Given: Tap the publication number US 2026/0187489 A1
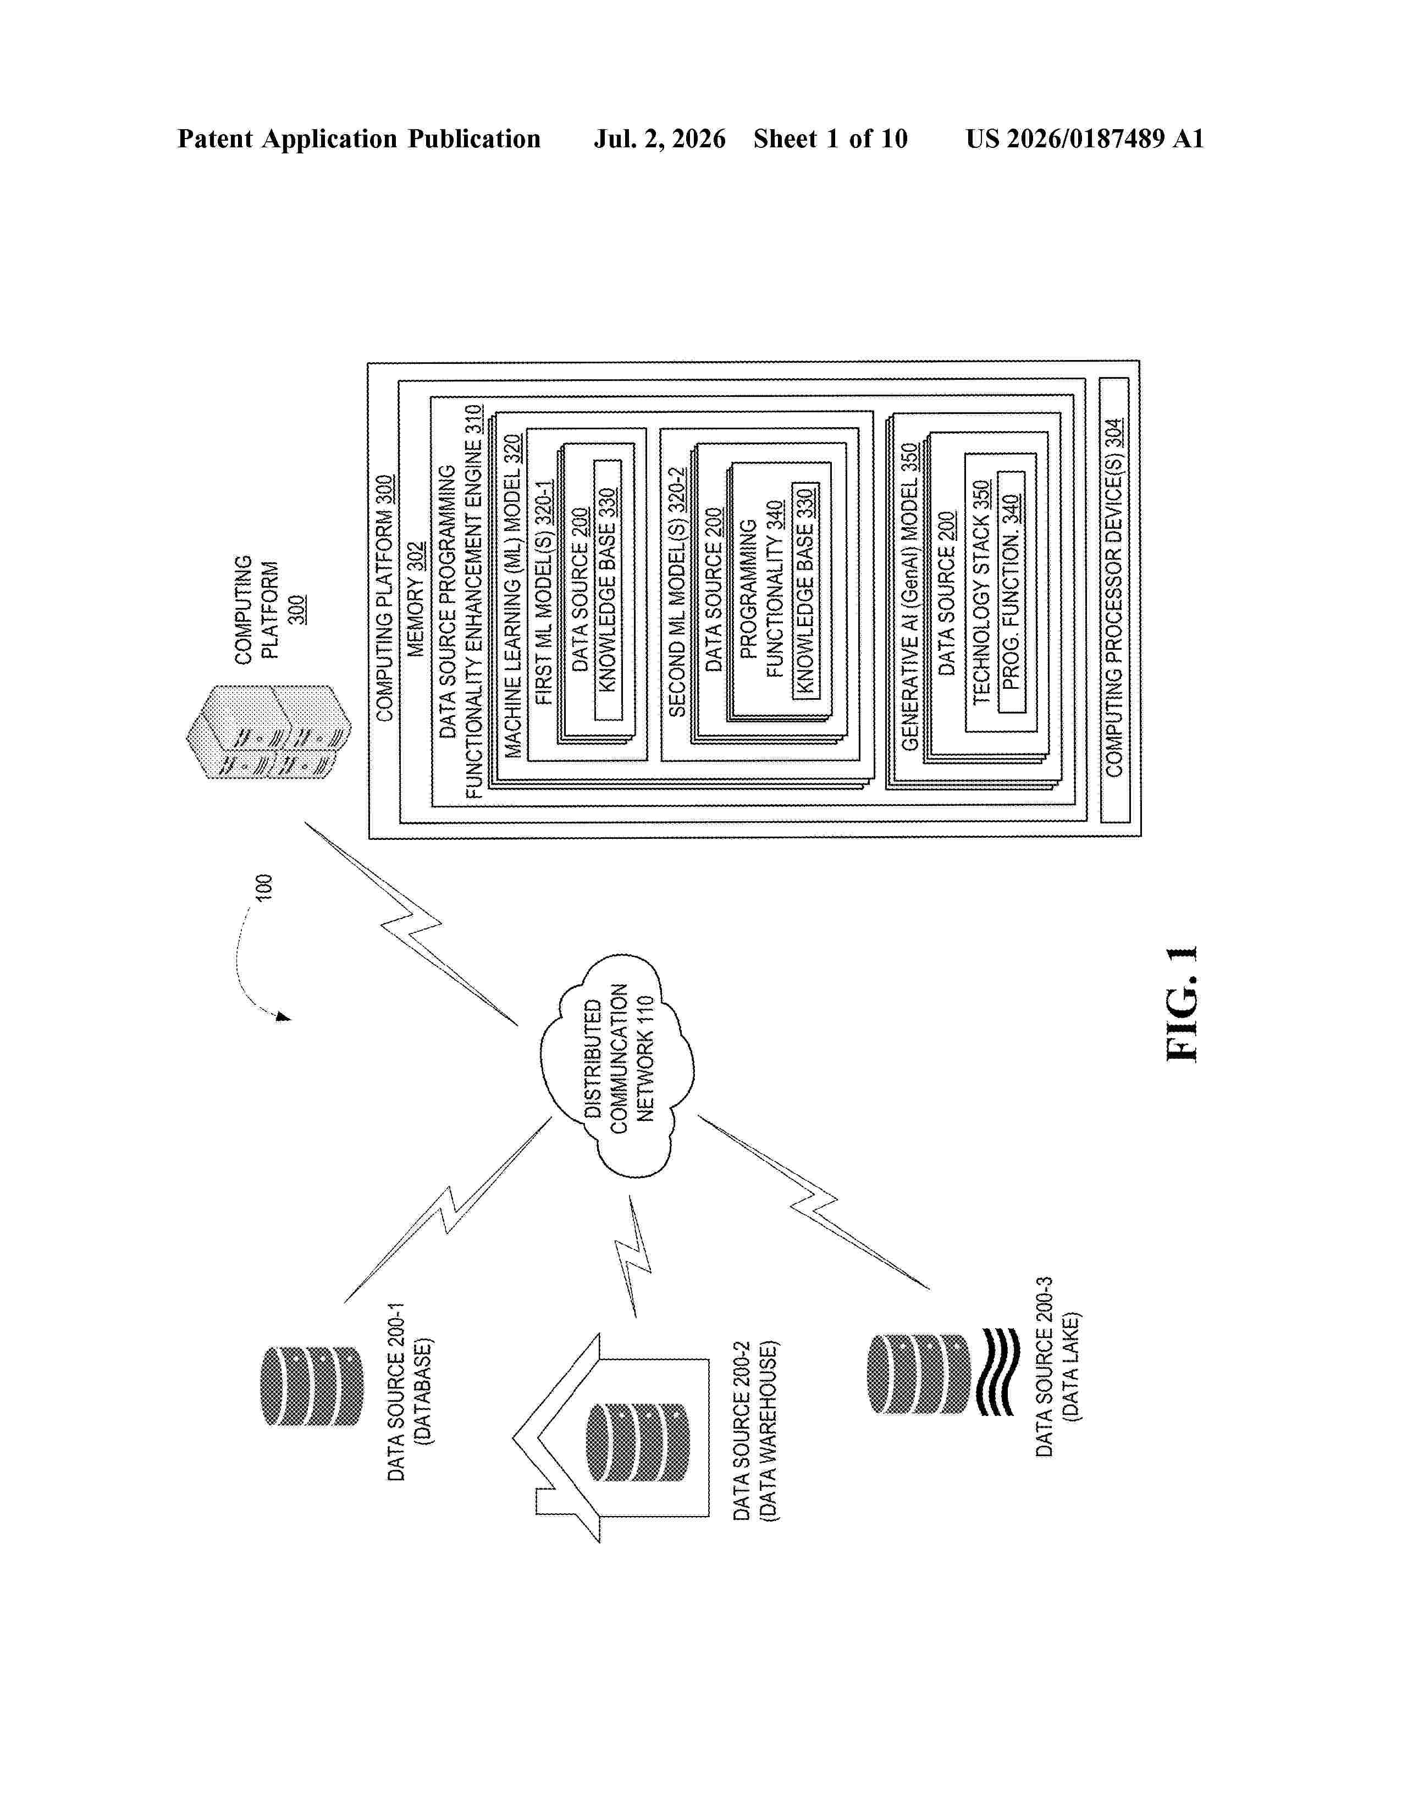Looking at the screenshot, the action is click(1085, 139).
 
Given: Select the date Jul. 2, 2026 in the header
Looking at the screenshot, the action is click(659, 139).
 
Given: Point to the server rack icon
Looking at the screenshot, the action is click(268, 732).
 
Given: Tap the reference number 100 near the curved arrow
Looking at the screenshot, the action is click(262, 887).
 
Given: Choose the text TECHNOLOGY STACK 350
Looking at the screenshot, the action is click(981, 592).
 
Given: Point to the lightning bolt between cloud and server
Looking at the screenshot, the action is click(411, 923).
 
